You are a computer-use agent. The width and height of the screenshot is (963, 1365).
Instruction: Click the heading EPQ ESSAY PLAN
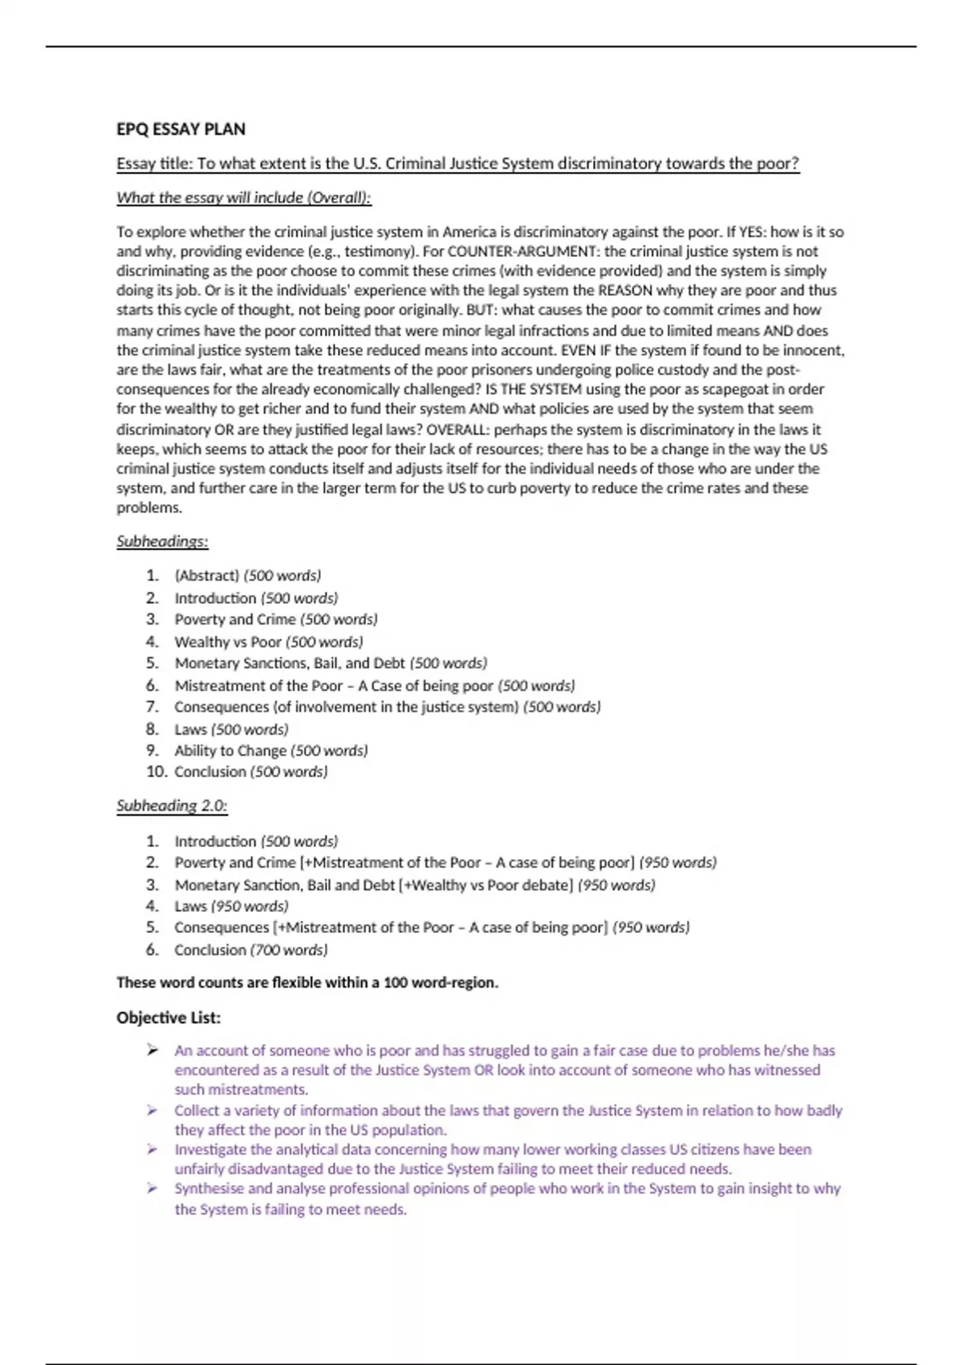click(181, 129)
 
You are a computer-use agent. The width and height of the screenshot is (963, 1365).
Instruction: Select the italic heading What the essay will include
click(243, 198)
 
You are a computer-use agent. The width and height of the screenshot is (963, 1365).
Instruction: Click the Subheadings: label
click(162, 541)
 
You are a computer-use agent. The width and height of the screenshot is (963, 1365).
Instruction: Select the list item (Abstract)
click(206, 576)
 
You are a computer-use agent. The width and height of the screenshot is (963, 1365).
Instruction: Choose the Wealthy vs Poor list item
click(228, 642)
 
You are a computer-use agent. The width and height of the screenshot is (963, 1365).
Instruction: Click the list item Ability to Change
click(230, 751)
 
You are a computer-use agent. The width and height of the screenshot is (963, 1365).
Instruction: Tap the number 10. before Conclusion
click(156, 772)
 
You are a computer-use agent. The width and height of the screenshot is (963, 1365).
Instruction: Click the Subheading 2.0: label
click(172, 805)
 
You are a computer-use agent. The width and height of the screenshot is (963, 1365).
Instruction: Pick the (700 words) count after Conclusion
click(289, 950)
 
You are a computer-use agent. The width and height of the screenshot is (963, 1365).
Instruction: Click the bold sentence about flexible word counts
click(307, 983)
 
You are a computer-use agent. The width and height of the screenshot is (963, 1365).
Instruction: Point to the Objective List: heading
click(169, 1018)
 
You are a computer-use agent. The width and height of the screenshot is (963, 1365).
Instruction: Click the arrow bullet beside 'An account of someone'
click(152, 1050)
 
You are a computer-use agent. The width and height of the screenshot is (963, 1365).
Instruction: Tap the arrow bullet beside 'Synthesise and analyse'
click(152, 1188)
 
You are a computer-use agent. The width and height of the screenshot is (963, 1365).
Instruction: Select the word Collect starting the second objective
click(197, 1110)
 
